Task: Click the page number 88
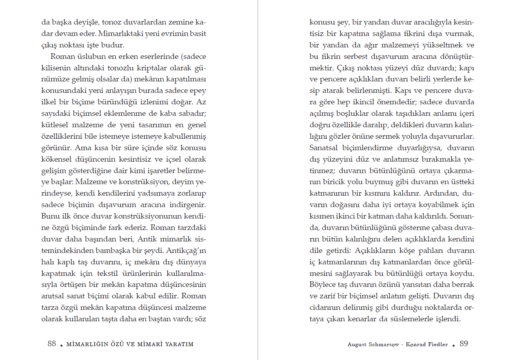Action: [x=52, y=343]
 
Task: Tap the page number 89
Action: [x=464, y=343]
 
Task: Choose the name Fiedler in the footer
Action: [x=438, y=345]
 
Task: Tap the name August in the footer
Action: [x=357, y=345]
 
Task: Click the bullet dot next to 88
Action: [x=62, y=345]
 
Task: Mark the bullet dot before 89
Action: [x=454, y=345]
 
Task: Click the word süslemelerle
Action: [x=407, y=319]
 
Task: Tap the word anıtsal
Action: [x=53, y=296]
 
